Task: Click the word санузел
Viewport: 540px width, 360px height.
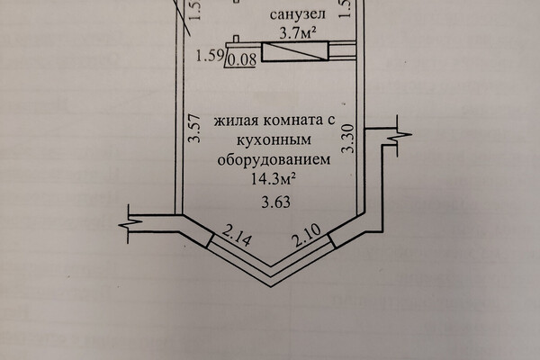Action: pos(298,14)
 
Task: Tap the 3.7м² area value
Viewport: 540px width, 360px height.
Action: pos(298,33)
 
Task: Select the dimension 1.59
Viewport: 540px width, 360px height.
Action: pos(210,56)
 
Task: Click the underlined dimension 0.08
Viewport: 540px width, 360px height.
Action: pos(242,60)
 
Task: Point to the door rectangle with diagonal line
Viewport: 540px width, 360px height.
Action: pos(295,51)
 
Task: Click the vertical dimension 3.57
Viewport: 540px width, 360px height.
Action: pos(195,128)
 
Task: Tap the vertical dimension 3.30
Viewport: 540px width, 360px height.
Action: pos(348,139)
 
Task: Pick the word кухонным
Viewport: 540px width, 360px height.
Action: pos(274,139)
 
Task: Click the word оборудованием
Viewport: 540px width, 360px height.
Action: pos(274,159)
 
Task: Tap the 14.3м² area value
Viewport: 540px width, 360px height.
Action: pos(274,179)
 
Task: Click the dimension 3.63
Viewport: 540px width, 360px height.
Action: pos(276,202)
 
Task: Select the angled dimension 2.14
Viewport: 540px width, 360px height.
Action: pos(236,236)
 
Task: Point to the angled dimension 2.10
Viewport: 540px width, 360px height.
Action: pos(307,236)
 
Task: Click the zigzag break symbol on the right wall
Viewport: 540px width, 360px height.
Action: pos(399,136)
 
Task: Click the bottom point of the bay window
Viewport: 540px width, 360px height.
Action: pos(272,286)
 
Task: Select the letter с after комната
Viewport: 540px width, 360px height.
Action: pos(331,121)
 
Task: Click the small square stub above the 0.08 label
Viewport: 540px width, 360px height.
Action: pos(236,40)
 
